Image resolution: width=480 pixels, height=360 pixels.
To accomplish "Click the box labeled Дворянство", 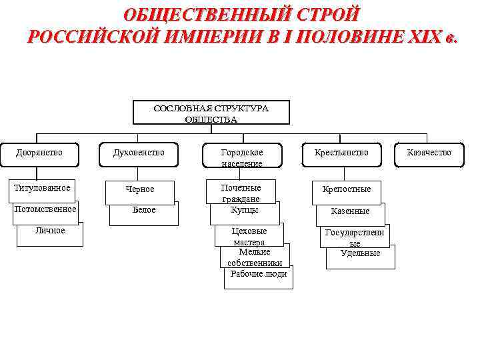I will (x=39, y=153).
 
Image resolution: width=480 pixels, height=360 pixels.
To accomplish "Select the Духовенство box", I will (x=139, y=153).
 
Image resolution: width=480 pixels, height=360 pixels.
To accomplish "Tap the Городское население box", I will (x=242, y=157).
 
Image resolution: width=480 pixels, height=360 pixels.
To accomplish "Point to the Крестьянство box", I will (x=341, y=153).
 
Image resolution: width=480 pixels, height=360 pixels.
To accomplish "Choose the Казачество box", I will (x=429, y=153).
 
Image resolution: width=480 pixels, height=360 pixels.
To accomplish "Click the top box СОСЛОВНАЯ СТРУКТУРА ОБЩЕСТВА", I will (x=211, y=113).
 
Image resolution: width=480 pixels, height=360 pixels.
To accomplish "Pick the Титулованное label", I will (x=42, y=188).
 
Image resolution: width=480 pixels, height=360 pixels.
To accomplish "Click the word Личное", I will (x=51, y=231).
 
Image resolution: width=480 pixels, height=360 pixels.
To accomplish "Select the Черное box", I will (x=140, y=190).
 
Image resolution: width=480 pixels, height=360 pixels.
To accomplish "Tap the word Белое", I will (x=143, y=210).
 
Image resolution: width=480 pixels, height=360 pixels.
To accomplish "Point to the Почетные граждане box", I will (x=241, y=192).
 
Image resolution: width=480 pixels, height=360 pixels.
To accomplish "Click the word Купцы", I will (x=245, y=210).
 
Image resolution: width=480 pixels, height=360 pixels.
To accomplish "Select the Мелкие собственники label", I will (x=254, y=257).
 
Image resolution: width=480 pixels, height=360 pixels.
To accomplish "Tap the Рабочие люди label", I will (x=259, y=274).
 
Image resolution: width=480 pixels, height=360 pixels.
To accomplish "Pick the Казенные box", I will (x=351, y=211).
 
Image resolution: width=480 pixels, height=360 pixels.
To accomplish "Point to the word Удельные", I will (x=360, y=253).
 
